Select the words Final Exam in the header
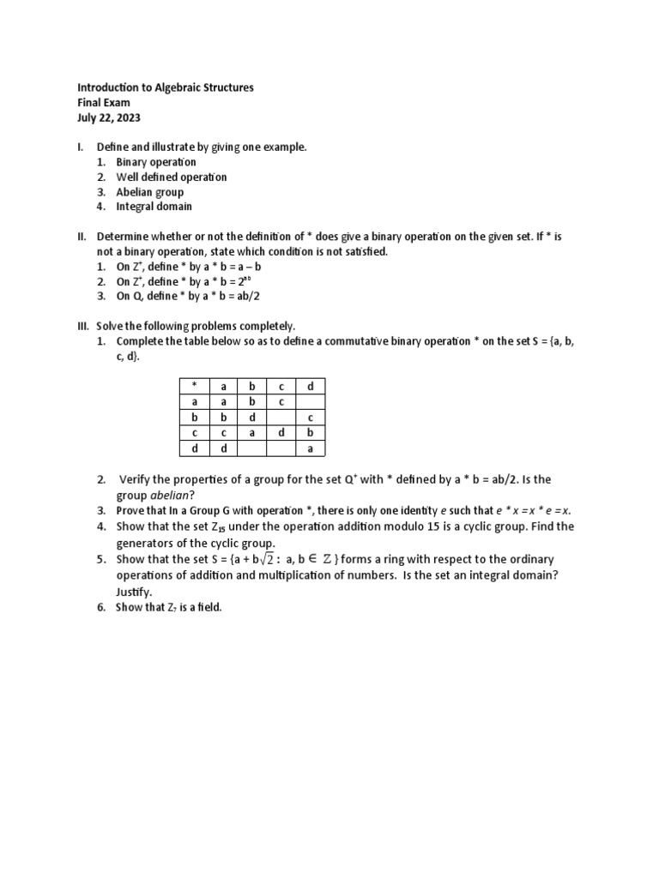pos(104,103)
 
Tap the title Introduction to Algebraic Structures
pos(166,88)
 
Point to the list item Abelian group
pos(150,192)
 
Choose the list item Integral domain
pos(154,207)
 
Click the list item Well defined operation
pos(172,177)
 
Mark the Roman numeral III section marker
pos(83,326)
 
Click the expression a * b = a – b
pos(224,267)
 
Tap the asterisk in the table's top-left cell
pos(195,387)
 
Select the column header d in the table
pos(311,387)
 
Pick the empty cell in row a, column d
pos(311,402)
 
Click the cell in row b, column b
pos(252,418)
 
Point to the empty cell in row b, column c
pos(281,418)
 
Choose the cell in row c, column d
pos(311,433)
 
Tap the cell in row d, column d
pos(311,448)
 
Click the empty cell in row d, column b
pos(252,448)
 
